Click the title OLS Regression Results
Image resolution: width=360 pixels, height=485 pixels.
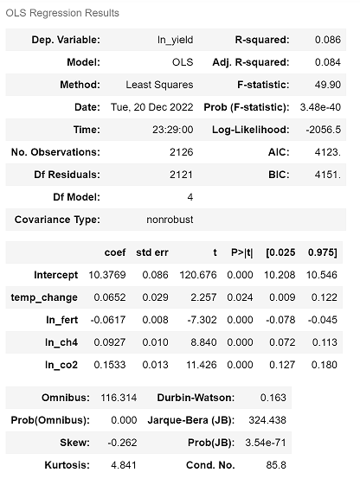(61, 13)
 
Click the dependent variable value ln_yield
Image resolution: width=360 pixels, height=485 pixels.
(173, 41)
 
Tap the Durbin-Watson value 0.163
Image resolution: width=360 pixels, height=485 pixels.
(273, 398)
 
